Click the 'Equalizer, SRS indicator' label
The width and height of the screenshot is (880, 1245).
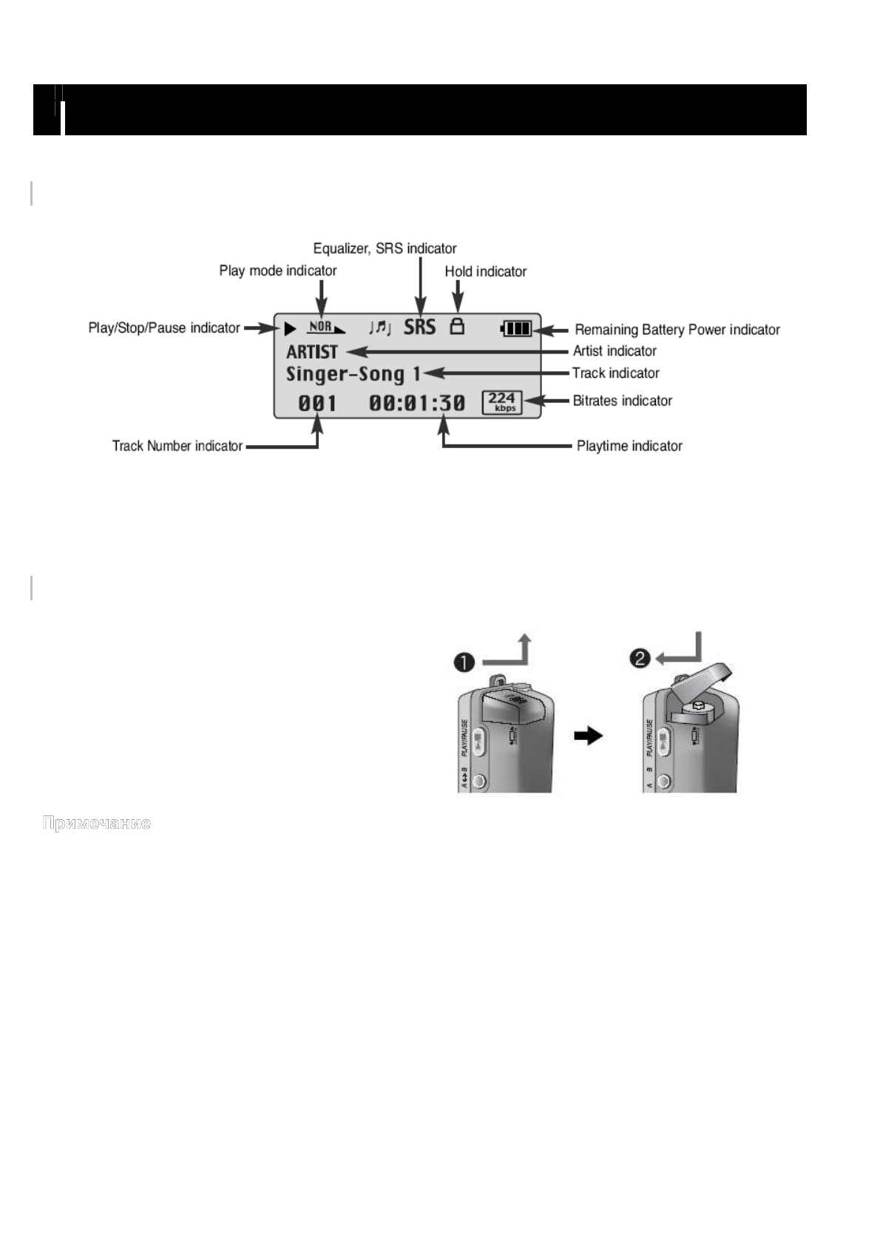[385, 248]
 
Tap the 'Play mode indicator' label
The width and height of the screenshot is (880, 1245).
[277, 271]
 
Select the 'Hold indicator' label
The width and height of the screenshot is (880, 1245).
[485, 271]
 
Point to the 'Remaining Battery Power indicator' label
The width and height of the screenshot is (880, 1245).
[677, 330]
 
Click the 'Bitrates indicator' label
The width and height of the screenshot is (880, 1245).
[622, 401]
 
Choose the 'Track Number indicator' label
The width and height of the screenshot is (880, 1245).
[177, 446]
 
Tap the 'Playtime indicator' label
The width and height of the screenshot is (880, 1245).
[629, 446]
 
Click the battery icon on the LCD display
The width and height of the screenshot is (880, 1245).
[516, 328]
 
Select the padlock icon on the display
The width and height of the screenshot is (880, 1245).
[458, 326]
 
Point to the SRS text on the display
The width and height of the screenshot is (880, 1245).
[419, 327]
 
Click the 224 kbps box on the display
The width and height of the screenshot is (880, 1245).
[502, 402]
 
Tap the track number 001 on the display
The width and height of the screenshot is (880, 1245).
[317, 403]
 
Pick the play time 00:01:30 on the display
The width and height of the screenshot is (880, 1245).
[417, 403]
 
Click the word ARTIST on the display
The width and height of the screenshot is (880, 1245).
[311, 352]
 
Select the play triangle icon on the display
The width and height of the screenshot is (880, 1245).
[290, 328]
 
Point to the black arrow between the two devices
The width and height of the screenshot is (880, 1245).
[589, 736]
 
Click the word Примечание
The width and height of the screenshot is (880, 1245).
[97, 823]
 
